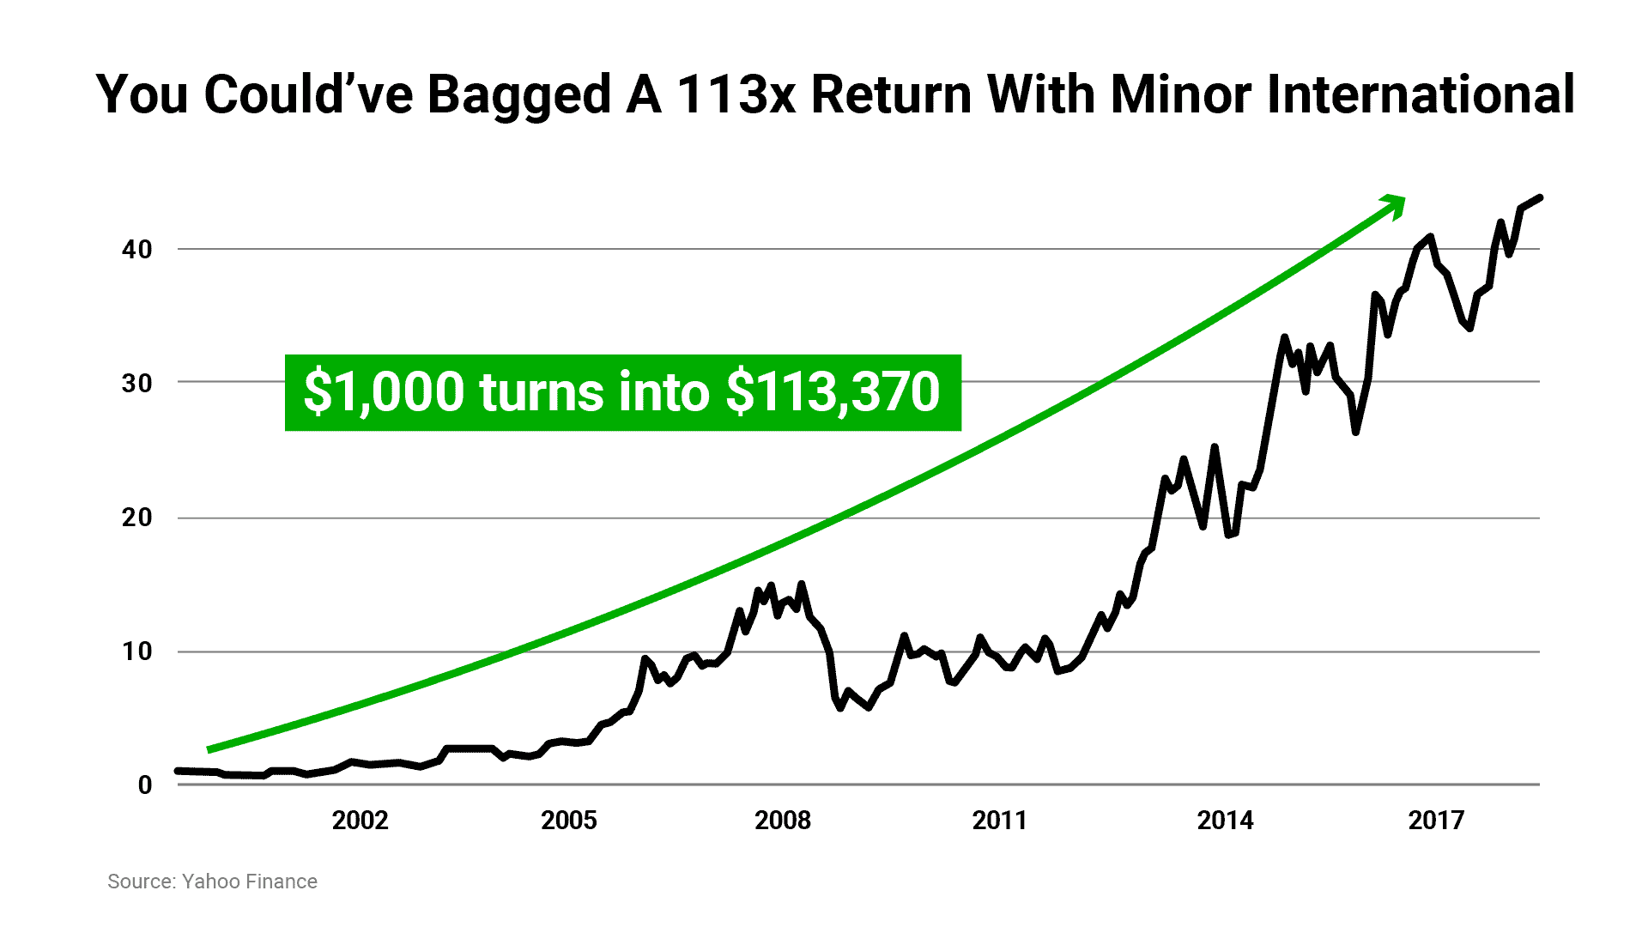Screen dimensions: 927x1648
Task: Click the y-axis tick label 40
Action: click(x=136, y=250)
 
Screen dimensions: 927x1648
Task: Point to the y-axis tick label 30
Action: click(x=136, y=383)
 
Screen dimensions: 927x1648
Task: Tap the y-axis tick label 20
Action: click(x=136, y=518)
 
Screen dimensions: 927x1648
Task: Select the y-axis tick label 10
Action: click(x=136, y=651)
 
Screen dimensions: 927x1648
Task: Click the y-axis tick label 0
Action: click(x=145, y=785)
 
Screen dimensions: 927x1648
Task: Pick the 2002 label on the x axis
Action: click(x=360, y=821)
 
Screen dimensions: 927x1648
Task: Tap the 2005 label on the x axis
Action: click(x=568, y=821)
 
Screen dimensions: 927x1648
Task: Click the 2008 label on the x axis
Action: click(x=782, y=821)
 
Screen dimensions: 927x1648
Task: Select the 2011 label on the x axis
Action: click(x=999, y=821)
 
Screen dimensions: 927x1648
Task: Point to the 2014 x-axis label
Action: click(x=1225, y=821)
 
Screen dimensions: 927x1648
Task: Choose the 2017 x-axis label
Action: click(x=1436, y=821)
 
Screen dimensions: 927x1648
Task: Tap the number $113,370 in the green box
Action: click(x=833, y=392)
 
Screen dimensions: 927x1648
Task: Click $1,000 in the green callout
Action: click(x=384, y=392)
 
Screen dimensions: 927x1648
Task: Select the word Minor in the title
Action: click(x=1180, y=94)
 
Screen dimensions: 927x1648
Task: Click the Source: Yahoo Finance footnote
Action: click(x=212, y=882)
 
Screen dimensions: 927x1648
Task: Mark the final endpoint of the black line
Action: click(x=1541, y=198)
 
